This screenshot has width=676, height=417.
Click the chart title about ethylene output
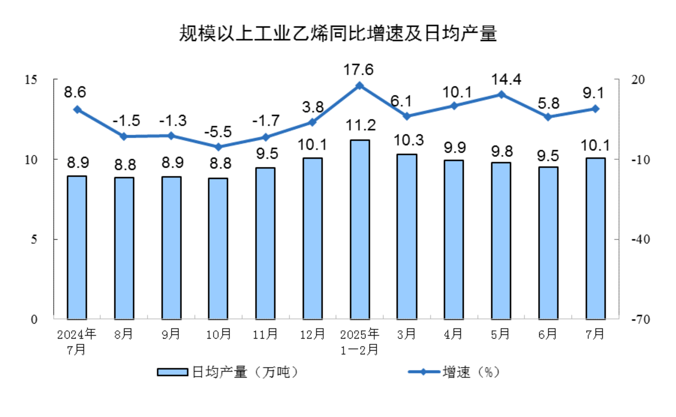[x=338, y=33]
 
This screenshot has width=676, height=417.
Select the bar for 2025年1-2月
[x=360, y=230]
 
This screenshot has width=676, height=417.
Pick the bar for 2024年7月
[x=77, y=247]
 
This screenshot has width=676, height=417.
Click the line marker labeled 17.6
[x=360, y=86]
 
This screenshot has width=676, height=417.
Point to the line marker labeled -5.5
[x=218, y=147]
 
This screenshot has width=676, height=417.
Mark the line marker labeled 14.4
[x=502, y=94]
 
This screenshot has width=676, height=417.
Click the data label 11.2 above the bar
[x=360, y=125]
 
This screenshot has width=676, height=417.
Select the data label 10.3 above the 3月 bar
[x=409, y=140]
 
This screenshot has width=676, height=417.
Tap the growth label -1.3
[x=173, y=120]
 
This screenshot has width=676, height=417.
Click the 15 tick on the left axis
[x=31, y=80]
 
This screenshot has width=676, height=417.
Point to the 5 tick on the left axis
[x=34, y=240]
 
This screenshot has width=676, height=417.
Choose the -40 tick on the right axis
[x=641, y=240]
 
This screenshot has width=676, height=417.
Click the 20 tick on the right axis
[x=638, y=80]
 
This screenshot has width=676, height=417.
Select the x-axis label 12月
[x=313, y=334]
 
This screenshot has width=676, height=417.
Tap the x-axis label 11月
[x=265, y=334]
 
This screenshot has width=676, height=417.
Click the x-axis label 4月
[x=453, y=334]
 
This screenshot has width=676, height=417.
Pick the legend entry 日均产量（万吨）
[x=228, y=372]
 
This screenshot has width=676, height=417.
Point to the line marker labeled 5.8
[x=548, y=117]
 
